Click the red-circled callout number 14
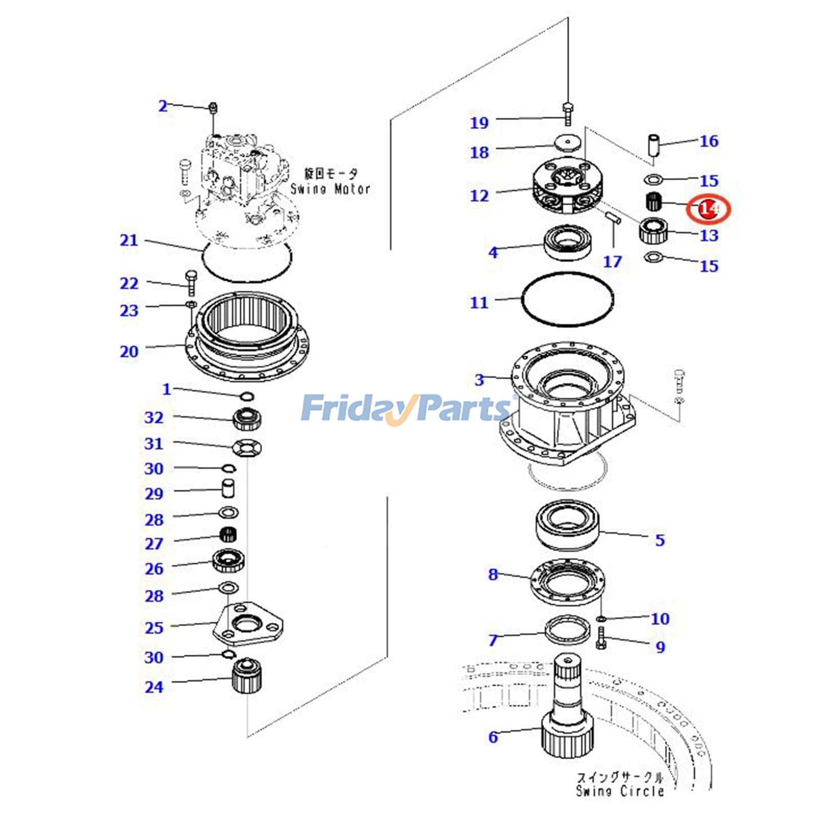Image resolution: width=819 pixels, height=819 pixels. [709, 209]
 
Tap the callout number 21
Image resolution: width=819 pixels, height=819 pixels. [129, 240]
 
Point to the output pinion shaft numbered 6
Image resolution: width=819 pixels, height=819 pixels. [567, 717]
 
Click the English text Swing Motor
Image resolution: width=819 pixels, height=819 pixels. [330, 189]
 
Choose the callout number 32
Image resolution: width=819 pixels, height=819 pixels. [154, 417]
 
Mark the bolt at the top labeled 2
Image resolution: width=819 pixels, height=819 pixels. [213, 108]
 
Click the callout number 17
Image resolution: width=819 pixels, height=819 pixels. [612, 262]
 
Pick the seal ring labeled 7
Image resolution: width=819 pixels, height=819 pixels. [567, 631]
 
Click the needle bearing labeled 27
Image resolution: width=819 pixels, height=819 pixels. [227, 535]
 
